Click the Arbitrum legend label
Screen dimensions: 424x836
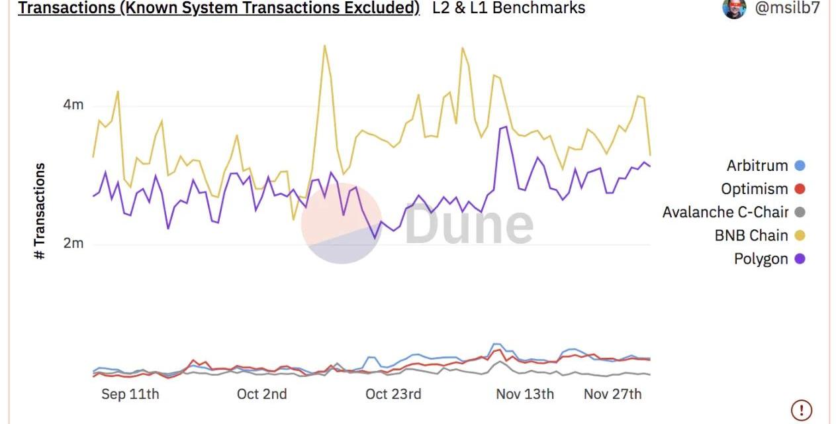click(757, 166)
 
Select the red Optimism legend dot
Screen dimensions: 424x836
click(800, 189)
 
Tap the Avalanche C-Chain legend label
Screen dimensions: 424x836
click(725, 212)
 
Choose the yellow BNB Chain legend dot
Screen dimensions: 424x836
click(800, 235)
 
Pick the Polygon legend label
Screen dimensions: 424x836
click(761, 258)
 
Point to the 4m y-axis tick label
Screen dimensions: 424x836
click(73, 105)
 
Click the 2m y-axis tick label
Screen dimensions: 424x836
click(73, 243)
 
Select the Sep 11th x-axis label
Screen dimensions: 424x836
click(130, 394)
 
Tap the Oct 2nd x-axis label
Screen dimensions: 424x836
click(261, 394)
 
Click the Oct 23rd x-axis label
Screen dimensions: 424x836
click(393, 394)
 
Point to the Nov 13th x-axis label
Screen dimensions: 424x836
click(525, 394)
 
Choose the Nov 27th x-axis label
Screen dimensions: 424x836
click(612, 394)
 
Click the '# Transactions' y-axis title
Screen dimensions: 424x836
click(40, 211)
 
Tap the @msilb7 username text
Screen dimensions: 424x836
click(787, 8)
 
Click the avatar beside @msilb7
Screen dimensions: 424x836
click(734, 8)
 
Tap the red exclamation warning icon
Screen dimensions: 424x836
click(802, 409)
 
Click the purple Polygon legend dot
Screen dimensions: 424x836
click(800, 258)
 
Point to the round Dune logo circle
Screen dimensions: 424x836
click(342, 223)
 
